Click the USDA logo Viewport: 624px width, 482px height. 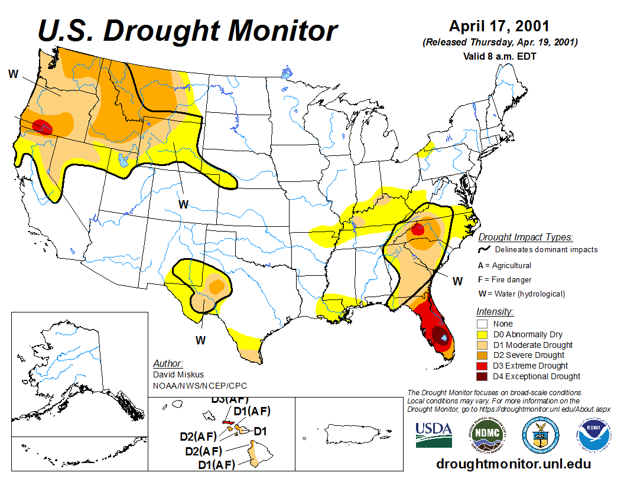434,435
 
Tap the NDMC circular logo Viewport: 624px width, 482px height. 488,435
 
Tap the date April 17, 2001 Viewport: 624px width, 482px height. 499,27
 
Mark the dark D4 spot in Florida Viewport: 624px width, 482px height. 440,336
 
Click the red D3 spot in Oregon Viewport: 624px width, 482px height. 41,126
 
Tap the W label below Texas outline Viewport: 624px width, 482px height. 201,340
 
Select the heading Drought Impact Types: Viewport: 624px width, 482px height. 525,237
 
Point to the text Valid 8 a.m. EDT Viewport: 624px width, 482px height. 499,57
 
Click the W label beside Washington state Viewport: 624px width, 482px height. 13,74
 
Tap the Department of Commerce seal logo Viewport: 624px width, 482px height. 540,435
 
